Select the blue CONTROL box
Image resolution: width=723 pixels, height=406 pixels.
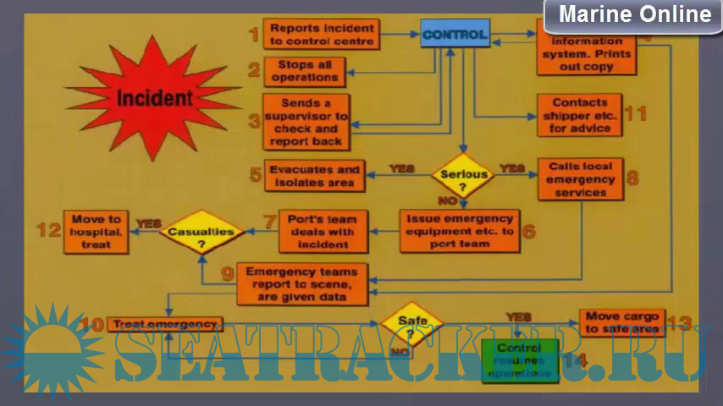455,35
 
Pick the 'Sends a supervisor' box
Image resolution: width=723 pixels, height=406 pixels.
305,123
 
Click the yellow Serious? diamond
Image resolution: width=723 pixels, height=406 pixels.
462,176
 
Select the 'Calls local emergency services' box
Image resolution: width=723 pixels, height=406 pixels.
581,179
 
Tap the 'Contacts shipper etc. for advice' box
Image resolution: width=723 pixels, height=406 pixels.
580,116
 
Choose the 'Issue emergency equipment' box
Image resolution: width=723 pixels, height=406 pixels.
460,231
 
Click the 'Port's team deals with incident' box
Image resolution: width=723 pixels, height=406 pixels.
323,231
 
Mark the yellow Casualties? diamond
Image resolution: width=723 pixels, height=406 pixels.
201,232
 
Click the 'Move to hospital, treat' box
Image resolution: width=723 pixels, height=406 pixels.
97,231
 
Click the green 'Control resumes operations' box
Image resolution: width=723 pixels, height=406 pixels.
520,359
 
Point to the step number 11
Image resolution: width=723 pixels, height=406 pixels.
635,113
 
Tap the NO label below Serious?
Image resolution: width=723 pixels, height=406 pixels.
447,201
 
